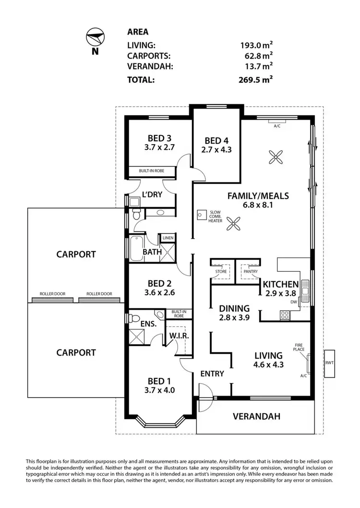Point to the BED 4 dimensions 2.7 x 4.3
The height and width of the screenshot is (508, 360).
tap(216, 150)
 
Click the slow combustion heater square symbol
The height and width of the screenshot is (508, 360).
tap(202, 215)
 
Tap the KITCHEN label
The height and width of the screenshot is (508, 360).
tap(281, 284)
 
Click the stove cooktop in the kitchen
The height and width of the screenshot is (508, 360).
tap(284, 315)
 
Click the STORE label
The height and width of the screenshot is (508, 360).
tap(221, 271)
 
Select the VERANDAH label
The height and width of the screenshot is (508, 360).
tap(257, 416)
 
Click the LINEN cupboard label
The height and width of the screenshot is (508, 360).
tap(168, 238)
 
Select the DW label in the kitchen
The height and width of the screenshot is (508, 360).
tap(293, 302)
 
